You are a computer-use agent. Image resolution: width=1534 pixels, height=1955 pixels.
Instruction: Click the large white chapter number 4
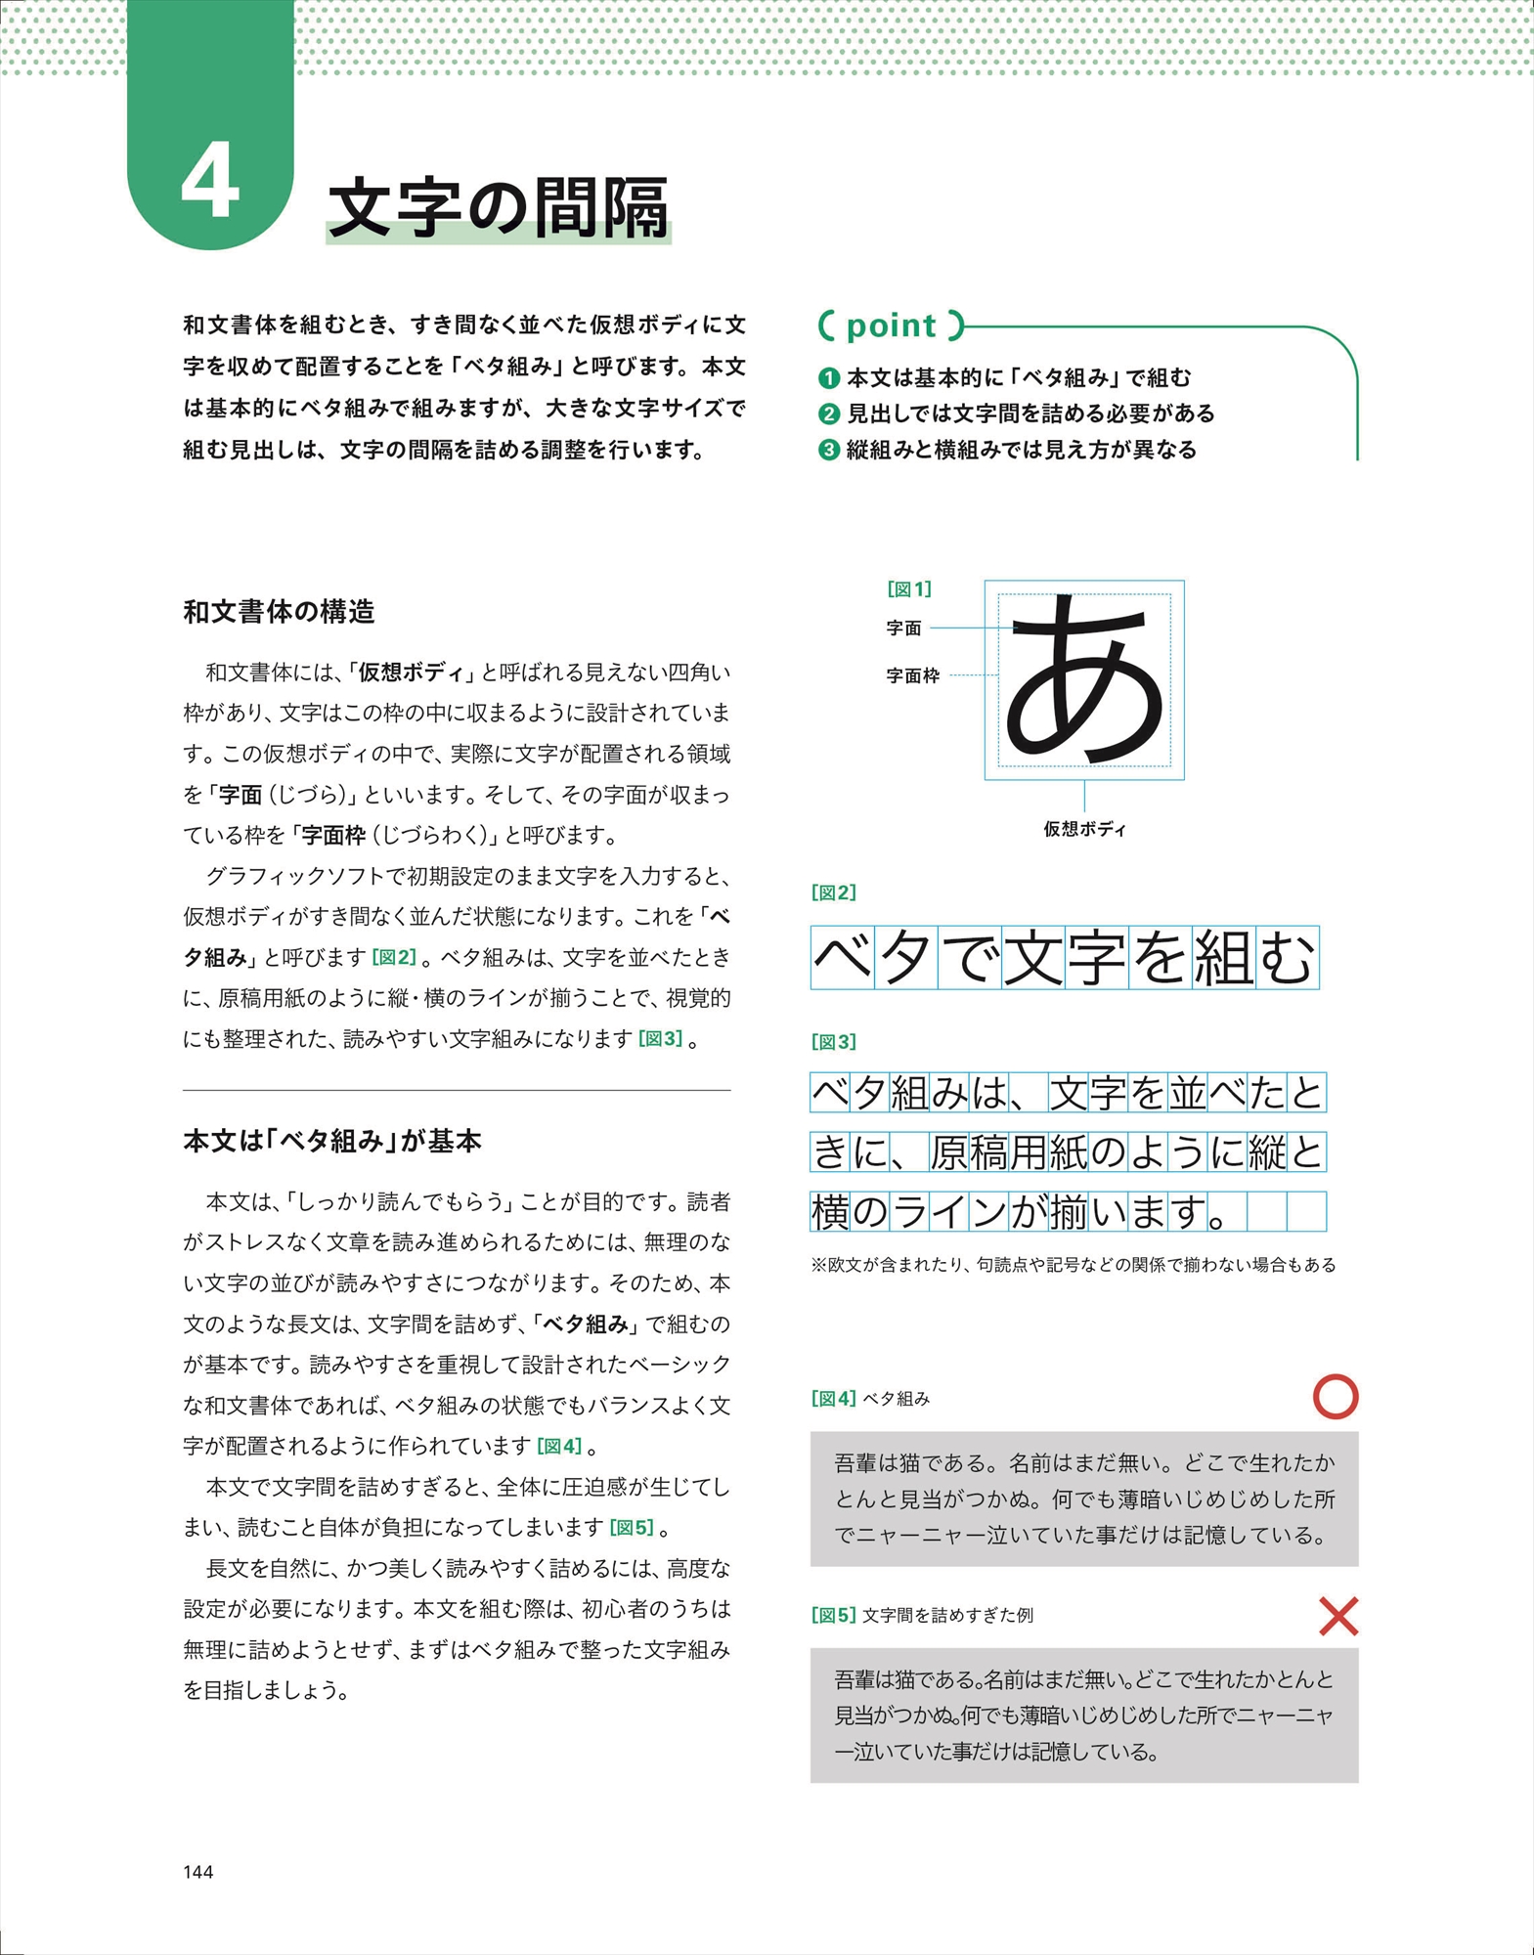coord(210,182)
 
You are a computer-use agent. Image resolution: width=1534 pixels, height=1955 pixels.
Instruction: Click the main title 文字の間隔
coord(499,207)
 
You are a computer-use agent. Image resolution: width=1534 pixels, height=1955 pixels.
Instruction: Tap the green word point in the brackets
coord(891,326)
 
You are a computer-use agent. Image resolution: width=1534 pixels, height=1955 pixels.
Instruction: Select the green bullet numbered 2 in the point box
coord(829,413)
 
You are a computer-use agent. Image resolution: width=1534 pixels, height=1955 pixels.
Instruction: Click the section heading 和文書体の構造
coord(279,612)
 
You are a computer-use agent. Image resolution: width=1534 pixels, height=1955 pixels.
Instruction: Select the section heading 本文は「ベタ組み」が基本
coord(331,1141)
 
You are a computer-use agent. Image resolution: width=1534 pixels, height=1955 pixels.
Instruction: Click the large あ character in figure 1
coord(1085,680)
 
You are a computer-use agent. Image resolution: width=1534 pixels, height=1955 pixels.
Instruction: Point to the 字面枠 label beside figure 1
coord(912,675)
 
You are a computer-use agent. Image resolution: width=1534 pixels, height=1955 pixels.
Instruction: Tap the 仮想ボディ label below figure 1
coord(1084,829)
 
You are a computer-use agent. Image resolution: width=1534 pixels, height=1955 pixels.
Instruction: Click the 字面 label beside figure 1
coord(903,629)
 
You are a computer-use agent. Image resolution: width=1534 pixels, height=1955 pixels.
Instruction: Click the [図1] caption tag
coord(909,588)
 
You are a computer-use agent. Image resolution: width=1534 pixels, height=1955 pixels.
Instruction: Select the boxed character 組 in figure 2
coord(1223,958)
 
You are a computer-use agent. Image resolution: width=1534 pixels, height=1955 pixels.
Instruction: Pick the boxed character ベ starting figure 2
coord(843,958)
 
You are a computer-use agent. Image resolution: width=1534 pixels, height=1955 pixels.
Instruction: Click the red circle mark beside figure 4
coord(1336,1396)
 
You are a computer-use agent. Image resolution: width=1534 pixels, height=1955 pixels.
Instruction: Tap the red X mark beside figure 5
coord(1338,1616)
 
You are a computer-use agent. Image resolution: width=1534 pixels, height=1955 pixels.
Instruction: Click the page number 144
coord(197,1871)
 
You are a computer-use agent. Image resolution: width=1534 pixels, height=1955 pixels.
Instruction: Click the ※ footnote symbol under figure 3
coord(818,1265)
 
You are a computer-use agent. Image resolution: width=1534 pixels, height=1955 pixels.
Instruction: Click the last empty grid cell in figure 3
coord(1306,1212)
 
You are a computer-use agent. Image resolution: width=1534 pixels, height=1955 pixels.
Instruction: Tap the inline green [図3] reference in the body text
coord(660,1038)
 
